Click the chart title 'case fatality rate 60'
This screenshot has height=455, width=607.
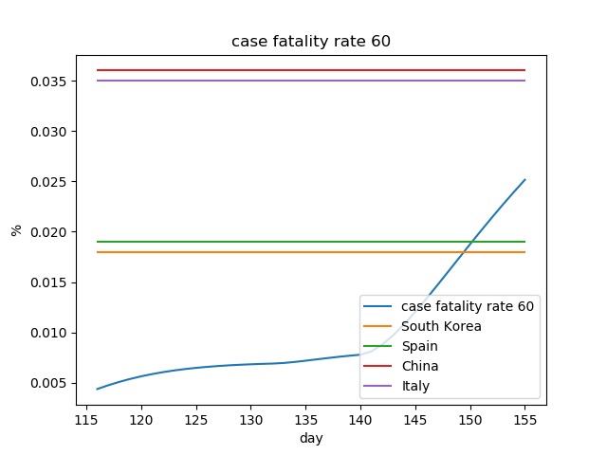310,42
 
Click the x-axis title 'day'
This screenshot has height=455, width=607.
310,439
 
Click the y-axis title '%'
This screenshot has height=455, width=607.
16,229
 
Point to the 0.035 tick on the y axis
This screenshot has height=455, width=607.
49,81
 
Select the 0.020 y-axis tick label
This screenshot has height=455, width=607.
49,232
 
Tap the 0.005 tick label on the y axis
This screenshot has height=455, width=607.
49,383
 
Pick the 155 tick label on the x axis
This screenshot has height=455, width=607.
524,419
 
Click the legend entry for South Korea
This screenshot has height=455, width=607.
441,326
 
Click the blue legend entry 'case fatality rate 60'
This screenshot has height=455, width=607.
468,306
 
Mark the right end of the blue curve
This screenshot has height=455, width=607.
524,180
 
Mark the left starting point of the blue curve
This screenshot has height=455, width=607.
97,389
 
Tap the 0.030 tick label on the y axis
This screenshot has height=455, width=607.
49,131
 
